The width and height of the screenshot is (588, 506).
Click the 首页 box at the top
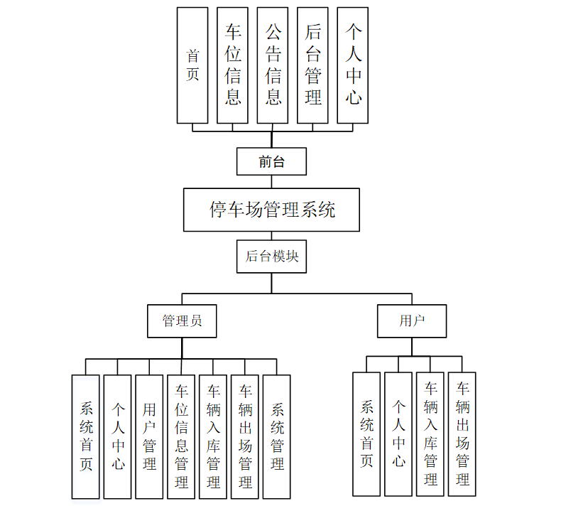point(192,65)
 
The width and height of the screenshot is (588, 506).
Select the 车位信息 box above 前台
point(233,65)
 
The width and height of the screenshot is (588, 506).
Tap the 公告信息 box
point(273,65)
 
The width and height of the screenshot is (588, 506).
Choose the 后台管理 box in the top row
point(313,65)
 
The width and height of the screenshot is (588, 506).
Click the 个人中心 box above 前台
point(354,65)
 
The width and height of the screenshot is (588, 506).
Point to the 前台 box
point(271,161)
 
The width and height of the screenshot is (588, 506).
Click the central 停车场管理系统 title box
point(272,210)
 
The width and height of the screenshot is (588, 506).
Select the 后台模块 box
point(271,257)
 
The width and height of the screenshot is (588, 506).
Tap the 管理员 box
point(182,321)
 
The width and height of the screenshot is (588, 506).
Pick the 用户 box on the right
point(412,321)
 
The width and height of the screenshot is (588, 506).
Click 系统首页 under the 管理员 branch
point(86,436)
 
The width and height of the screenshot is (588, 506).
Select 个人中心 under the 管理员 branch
point(118,436)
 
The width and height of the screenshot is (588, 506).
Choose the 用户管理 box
point(149,436)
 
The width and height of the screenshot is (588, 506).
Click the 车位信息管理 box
point(181,436)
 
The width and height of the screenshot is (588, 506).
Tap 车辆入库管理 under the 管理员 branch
point(213,436)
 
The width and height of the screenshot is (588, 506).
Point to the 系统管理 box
point(277,436)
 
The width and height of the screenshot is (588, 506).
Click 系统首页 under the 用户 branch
point(367,434)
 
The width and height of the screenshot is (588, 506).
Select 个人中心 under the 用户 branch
point(398,434)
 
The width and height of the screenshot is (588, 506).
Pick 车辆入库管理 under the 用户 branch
point(430,434)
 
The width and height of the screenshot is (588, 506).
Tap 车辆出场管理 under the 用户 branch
point(462,434)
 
